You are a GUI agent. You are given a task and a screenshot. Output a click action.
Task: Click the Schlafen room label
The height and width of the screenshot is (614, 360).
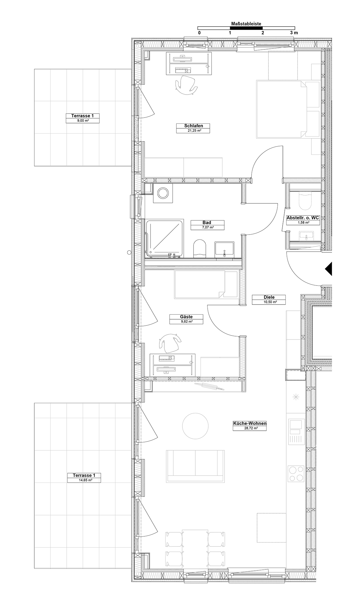[x=193, y=126]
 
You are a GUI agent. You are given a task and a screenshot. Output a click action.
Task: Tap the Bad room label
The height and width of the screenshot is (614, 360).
[x=207, y=223]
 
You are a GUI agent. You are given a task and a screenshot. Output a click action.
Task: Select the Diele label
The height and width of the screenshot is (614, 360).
[x=269, y=297]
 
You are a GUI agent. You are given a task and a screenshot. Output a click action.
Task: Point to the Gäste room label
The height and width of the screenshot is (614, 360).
[x=186, y=317]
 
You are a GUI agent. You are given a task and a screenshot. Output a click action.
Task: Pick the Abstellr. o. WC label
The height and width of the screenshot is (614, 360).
[x=303, y=218]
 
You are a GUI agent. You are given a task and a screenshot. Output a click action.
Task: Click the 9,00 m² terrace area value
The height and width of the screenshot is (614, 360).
[x=83, y=121]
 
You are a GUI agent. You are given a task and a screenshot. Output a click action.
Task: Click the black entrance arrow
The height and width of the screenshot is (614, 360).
[x=329, y=269]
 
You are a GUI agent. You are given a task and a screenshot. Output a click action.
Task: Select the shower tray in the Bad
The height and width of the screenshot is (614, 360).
[x=165, y=238]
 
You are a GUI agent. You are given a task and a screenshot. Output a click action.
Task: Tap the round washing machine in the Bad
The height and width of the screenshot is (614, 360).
[x=162, y=193]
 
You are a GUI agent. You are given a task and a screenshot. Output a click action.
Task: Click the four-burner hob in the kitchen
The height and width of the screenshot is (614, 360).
[x=296, y=474]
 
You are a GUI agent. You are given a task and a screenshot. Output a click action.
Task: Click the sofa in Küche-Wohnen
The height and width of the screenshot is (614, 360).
[x=195, y=466]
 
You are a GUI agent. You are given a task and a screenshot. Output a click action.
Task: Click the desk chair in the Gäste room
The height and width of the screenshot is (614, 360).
[x=170, y=343]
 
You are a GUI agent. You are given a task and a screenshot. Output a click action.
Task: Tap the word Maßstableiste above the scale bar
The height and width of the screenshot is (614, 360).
[x=246, y=23]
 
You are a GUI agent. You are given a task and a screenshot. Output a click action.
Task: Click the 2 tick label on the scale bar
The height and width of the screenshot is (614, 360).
[x=262, y=33]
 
